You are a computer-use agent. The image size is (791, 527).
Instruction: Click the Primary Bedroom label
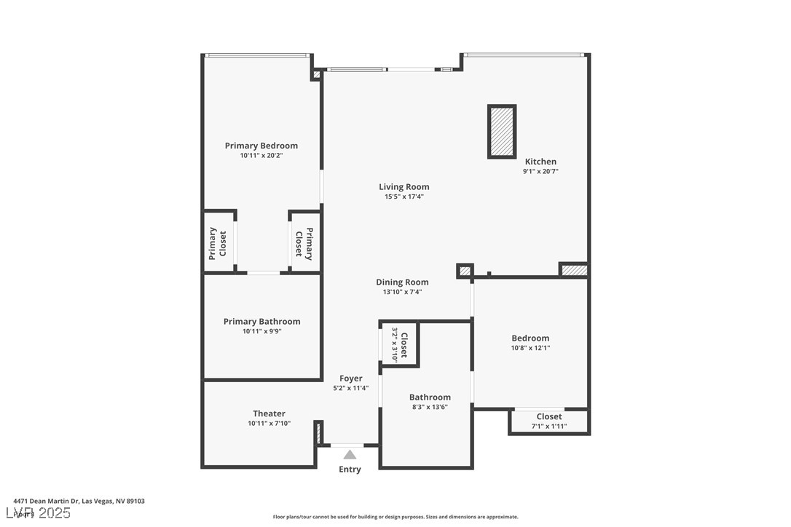261,146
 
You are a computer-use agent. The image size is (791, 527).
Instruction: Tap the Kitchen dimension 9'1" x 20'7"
540,172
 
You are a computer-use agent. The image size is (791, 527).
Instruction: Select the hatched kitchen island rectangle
501,132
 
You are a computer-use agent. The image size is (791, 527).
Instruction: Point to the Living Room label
404,187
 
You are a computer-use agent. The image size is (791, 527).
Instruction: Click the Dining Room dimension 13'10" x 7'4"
402,292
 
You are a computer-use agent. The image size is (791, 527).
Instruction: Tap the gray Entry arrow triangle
350,454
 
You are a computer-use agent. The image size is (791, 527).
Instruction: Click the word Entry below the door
350,469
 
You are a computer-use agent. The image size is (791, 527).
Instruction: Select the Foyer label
350,379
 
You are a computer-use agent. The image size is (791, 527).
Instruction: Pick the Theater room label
269,413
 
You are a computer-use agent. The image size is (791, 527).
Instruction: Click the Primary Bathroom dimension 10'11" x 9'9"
261,331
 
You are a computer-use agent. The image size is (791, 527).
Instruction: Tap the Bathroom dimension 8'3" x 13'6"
429,407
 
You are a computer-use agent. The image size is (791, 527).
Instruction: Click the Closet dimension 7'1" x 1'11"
548,427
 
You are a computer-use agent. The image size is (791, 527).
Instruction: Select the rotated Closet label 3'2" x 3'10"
400,344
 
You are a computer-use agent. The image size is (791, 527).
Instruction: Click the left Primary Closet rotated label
218,243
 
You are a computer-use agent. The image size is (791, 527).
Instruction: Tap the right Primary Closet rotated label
304,243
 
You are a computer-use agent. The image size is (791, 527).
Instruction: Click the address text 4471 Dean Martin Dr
79,501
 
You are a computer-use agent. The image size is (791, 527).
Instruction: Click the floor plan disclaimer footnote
395,517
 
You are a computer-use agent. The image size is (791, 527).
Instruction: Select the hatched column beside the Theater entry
318,432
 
